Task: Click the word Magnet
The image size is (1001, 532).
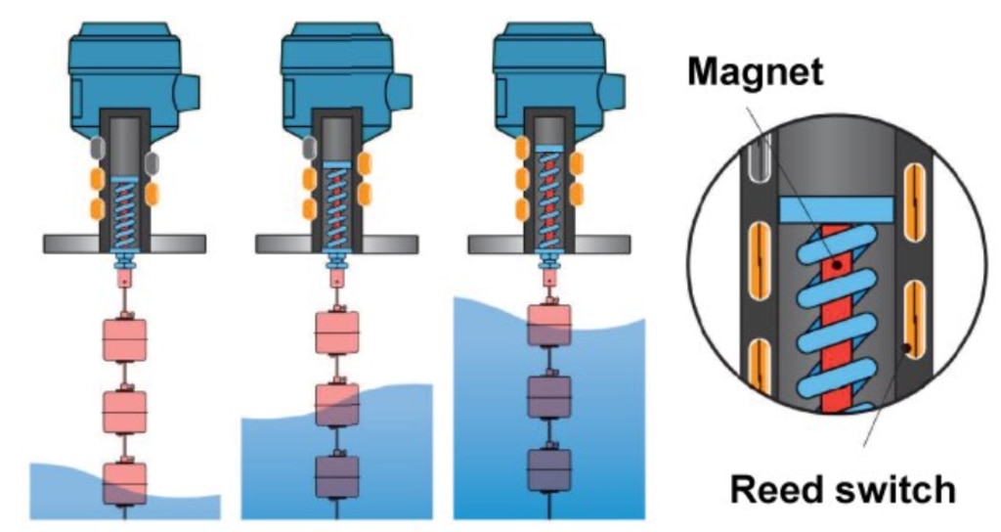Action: (753, 71)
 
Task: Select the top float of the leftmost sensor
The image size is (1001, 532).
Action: (124, 339)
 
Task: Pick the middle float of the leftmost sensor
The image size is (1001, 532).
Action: (124, 412)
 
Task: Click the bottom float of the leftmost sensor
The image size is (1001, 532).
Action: (124, 483)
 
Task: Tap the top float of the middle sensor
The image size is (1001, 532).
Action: (336, 332)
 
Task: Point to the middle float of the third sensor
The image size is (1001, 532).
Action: (548, 396)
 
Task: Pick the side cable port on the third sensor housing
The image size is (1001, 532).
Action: (614, 93)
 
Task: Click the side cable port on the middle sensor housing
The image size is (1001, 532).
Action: (402, 93)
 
